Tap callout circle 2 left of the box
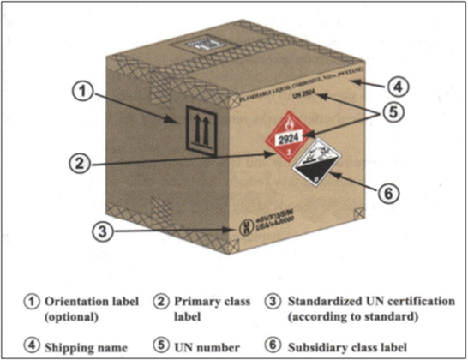(77, 161)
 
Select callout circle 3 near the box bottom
(102, 229)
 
